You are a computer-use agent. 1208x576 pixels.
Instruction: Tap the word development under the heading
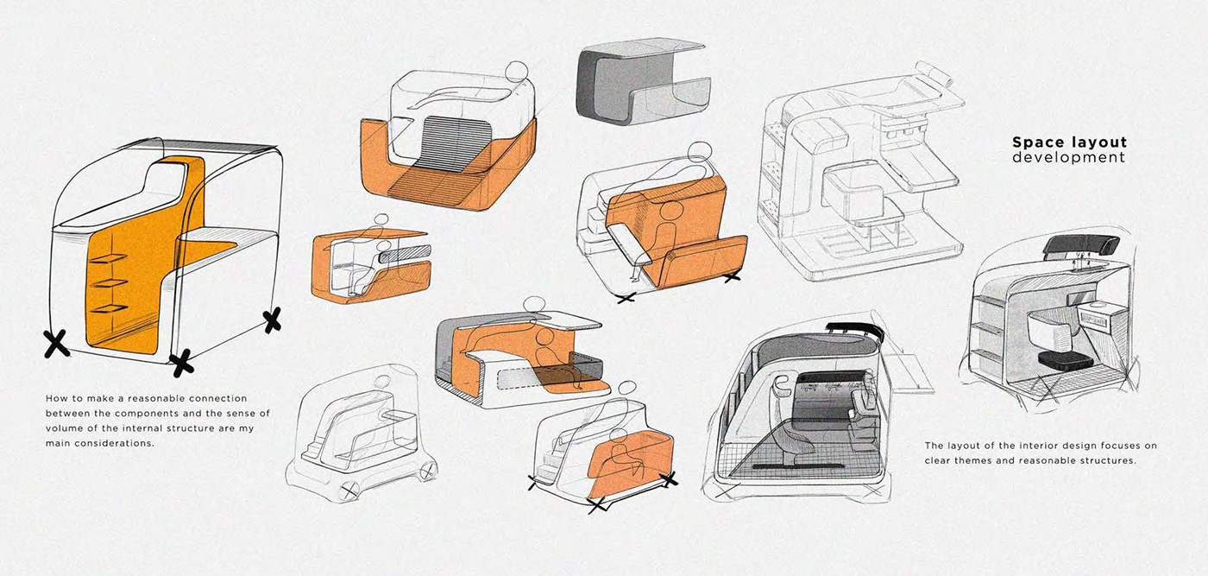[1069, 158]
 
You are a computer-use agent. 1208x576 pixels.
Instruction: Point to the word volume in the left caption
[63, 428]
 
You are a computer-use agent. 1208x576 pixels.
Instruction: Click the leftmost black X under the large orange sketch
[57, 344]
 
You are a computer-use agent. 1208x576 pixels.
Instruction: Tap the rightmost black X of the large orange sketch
[273, 321]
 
